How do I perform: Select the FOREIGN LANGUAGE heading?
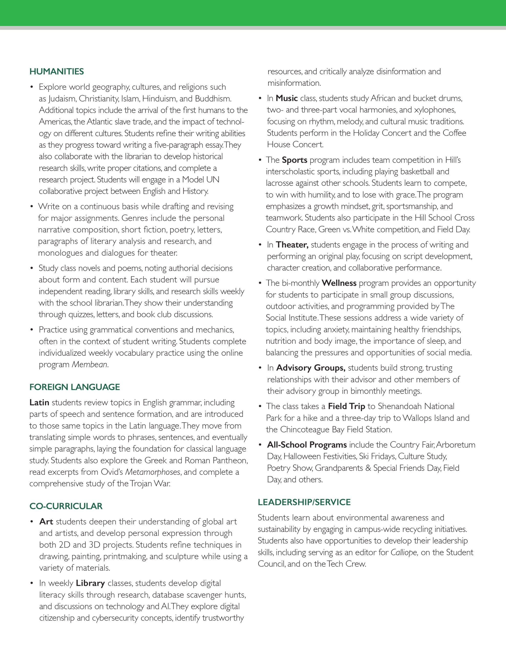pos(74,387)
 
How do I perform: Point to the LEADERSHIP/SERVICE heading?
pos(304,502)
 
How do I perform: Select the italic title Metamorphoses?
pos(153,472)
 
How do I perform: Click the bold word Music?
pos(287,98)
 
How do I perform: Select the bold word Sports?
pos(294,160)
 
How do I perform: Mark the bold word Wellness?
pos(339,283)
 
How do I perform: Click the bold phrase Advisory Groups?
pos(311,368)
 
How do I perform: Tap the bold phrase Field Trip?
pos(346,406)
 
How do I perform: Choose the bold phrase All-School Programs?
pos(307,445)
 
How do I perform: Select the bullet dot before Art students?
pos(31,522)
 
